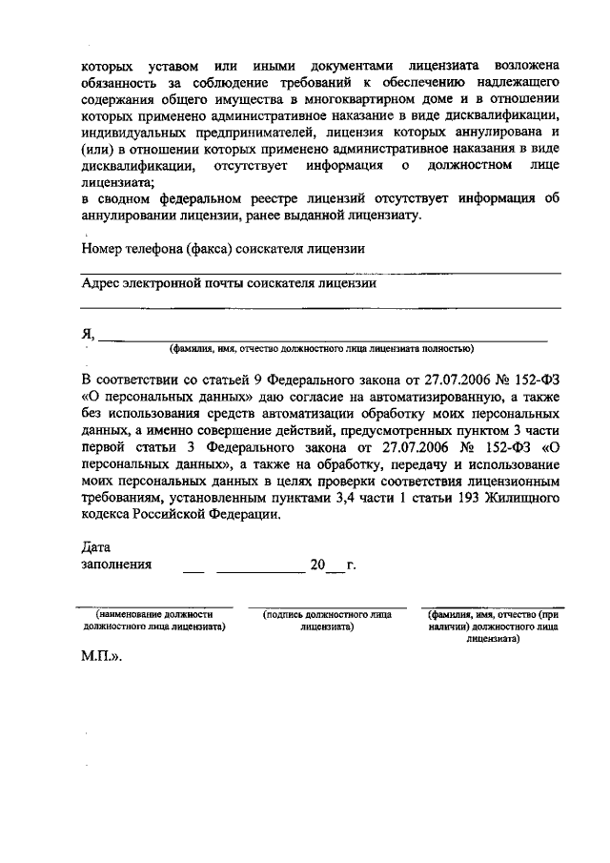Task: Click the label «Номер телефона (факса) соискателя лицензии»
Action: tap(223, 249)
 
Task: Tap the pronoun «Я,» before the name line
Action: tap(88, 333)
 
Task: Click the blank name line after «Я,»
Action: tap(324, 337)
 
